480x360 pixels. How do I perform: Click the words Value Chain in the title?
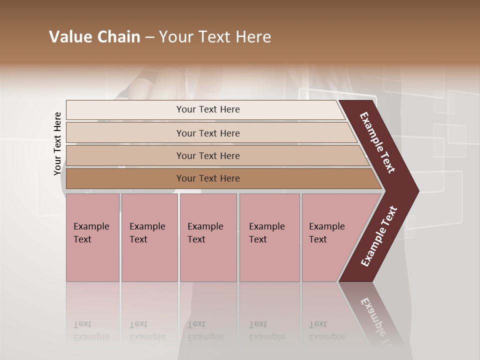[94, 37]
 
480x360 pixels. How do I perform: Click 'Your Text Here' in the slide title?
[215, 37]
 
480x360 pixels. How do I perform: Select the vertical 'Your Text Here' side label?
[57, 143]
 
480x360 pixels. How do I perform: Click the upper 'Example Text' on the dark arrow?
[377, 142]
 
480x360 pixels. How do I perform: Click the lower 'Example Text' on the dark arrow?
[378, 236]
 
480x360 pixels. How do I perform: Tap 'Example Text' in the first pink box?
[91, 232]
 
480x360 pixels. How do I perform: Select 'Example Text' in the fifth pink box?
[326, 232]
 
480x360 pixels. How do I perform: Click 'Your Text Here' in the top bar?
[208, 109]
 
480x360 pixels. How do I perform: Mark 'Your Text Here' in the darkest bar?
[208, 178]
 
